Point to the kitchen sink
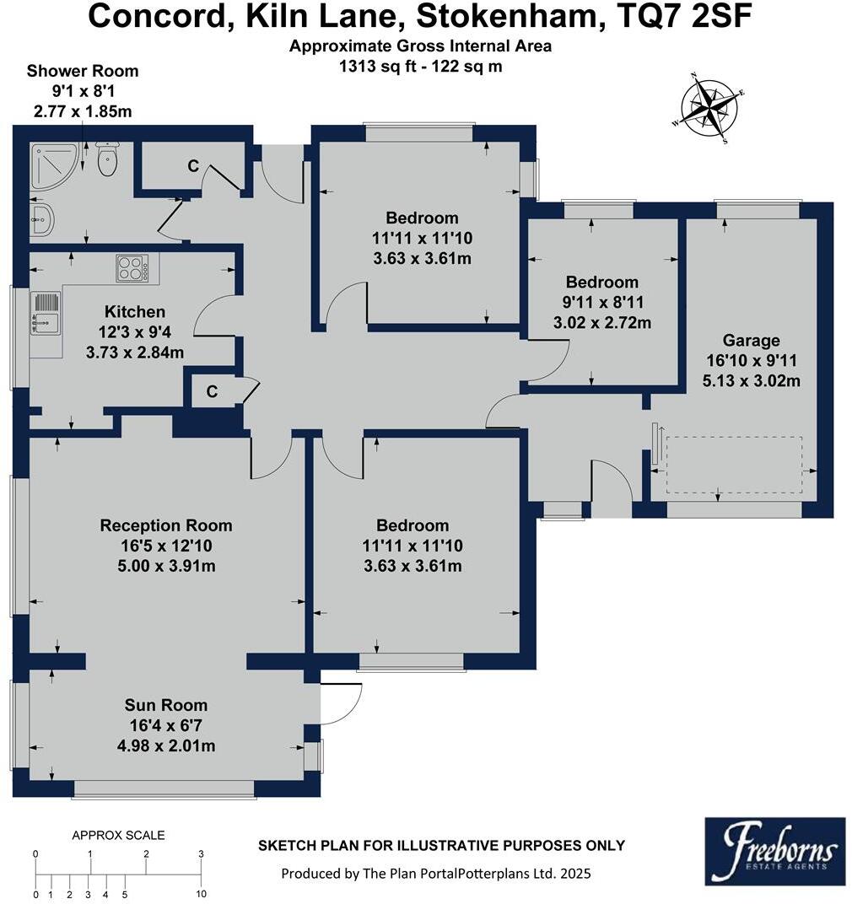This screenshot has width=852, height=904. point(46,311)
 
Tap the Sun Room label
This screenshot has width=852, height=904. point(165,705)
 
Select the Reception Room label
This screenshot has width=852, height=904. point(166,525)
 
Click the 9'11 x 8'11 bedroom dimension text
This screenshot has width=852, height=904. point(601,303)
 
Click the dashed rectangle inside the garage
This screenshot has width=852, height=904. point(734,465)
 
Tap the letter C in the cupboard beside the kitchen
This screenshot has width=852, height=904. point(212,392)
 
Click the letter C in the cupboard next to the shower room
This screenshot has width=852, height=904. point(193,167)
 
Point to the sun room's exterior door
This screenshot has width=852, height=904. point(342,702)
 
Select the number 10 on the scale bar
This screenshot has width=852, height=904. point(201,894)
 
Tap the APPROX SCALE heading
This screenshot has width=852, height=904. point(118,836)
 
